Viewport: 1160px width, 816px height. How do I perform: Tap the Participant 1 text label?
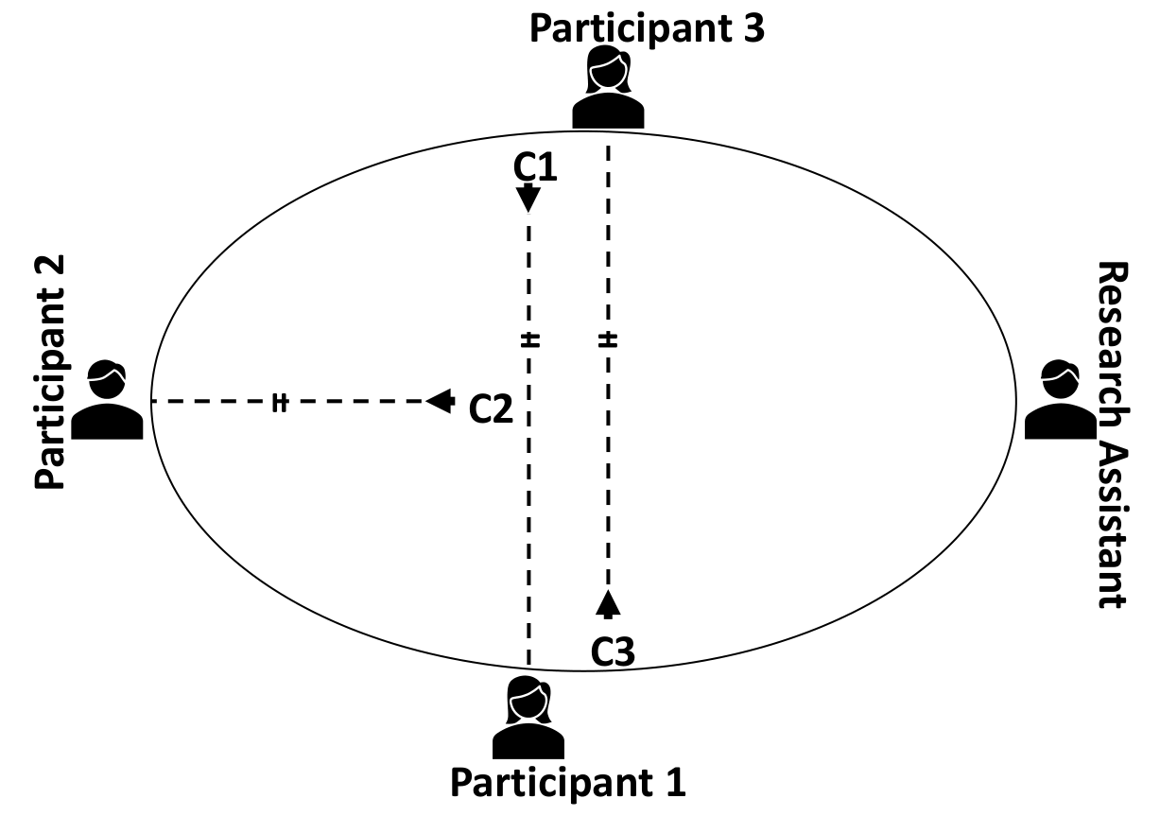click(567, 783)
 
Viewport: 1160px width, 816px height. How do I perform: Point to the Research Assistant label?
click(1112, 435)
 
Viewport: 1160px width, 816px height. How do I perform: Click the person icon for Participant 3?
click(608, 89)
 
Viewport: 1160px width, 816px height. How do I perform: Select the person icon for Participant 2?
click(108, 401)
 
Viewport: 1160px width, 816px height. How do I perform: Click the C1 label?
click(536, 167)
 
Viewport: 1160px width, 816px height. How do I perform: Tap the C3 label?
click(613, 651)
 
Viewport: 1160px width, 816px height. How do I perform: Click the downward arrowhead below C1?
click(528, 199)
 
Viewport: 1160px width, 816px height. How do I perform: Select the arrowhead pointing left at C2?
click(440, 401)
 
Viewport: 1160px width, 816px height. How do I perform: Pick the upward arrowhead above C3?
click(608, 602)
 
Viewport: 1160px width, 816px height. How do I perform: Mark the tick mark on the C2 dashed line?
click(279, 402)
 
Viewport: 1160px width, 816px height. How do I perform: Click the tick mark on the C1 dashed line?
click(528, 339)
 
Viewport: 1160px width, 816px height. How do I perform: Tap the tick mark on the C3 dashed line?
click(608, 339)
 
